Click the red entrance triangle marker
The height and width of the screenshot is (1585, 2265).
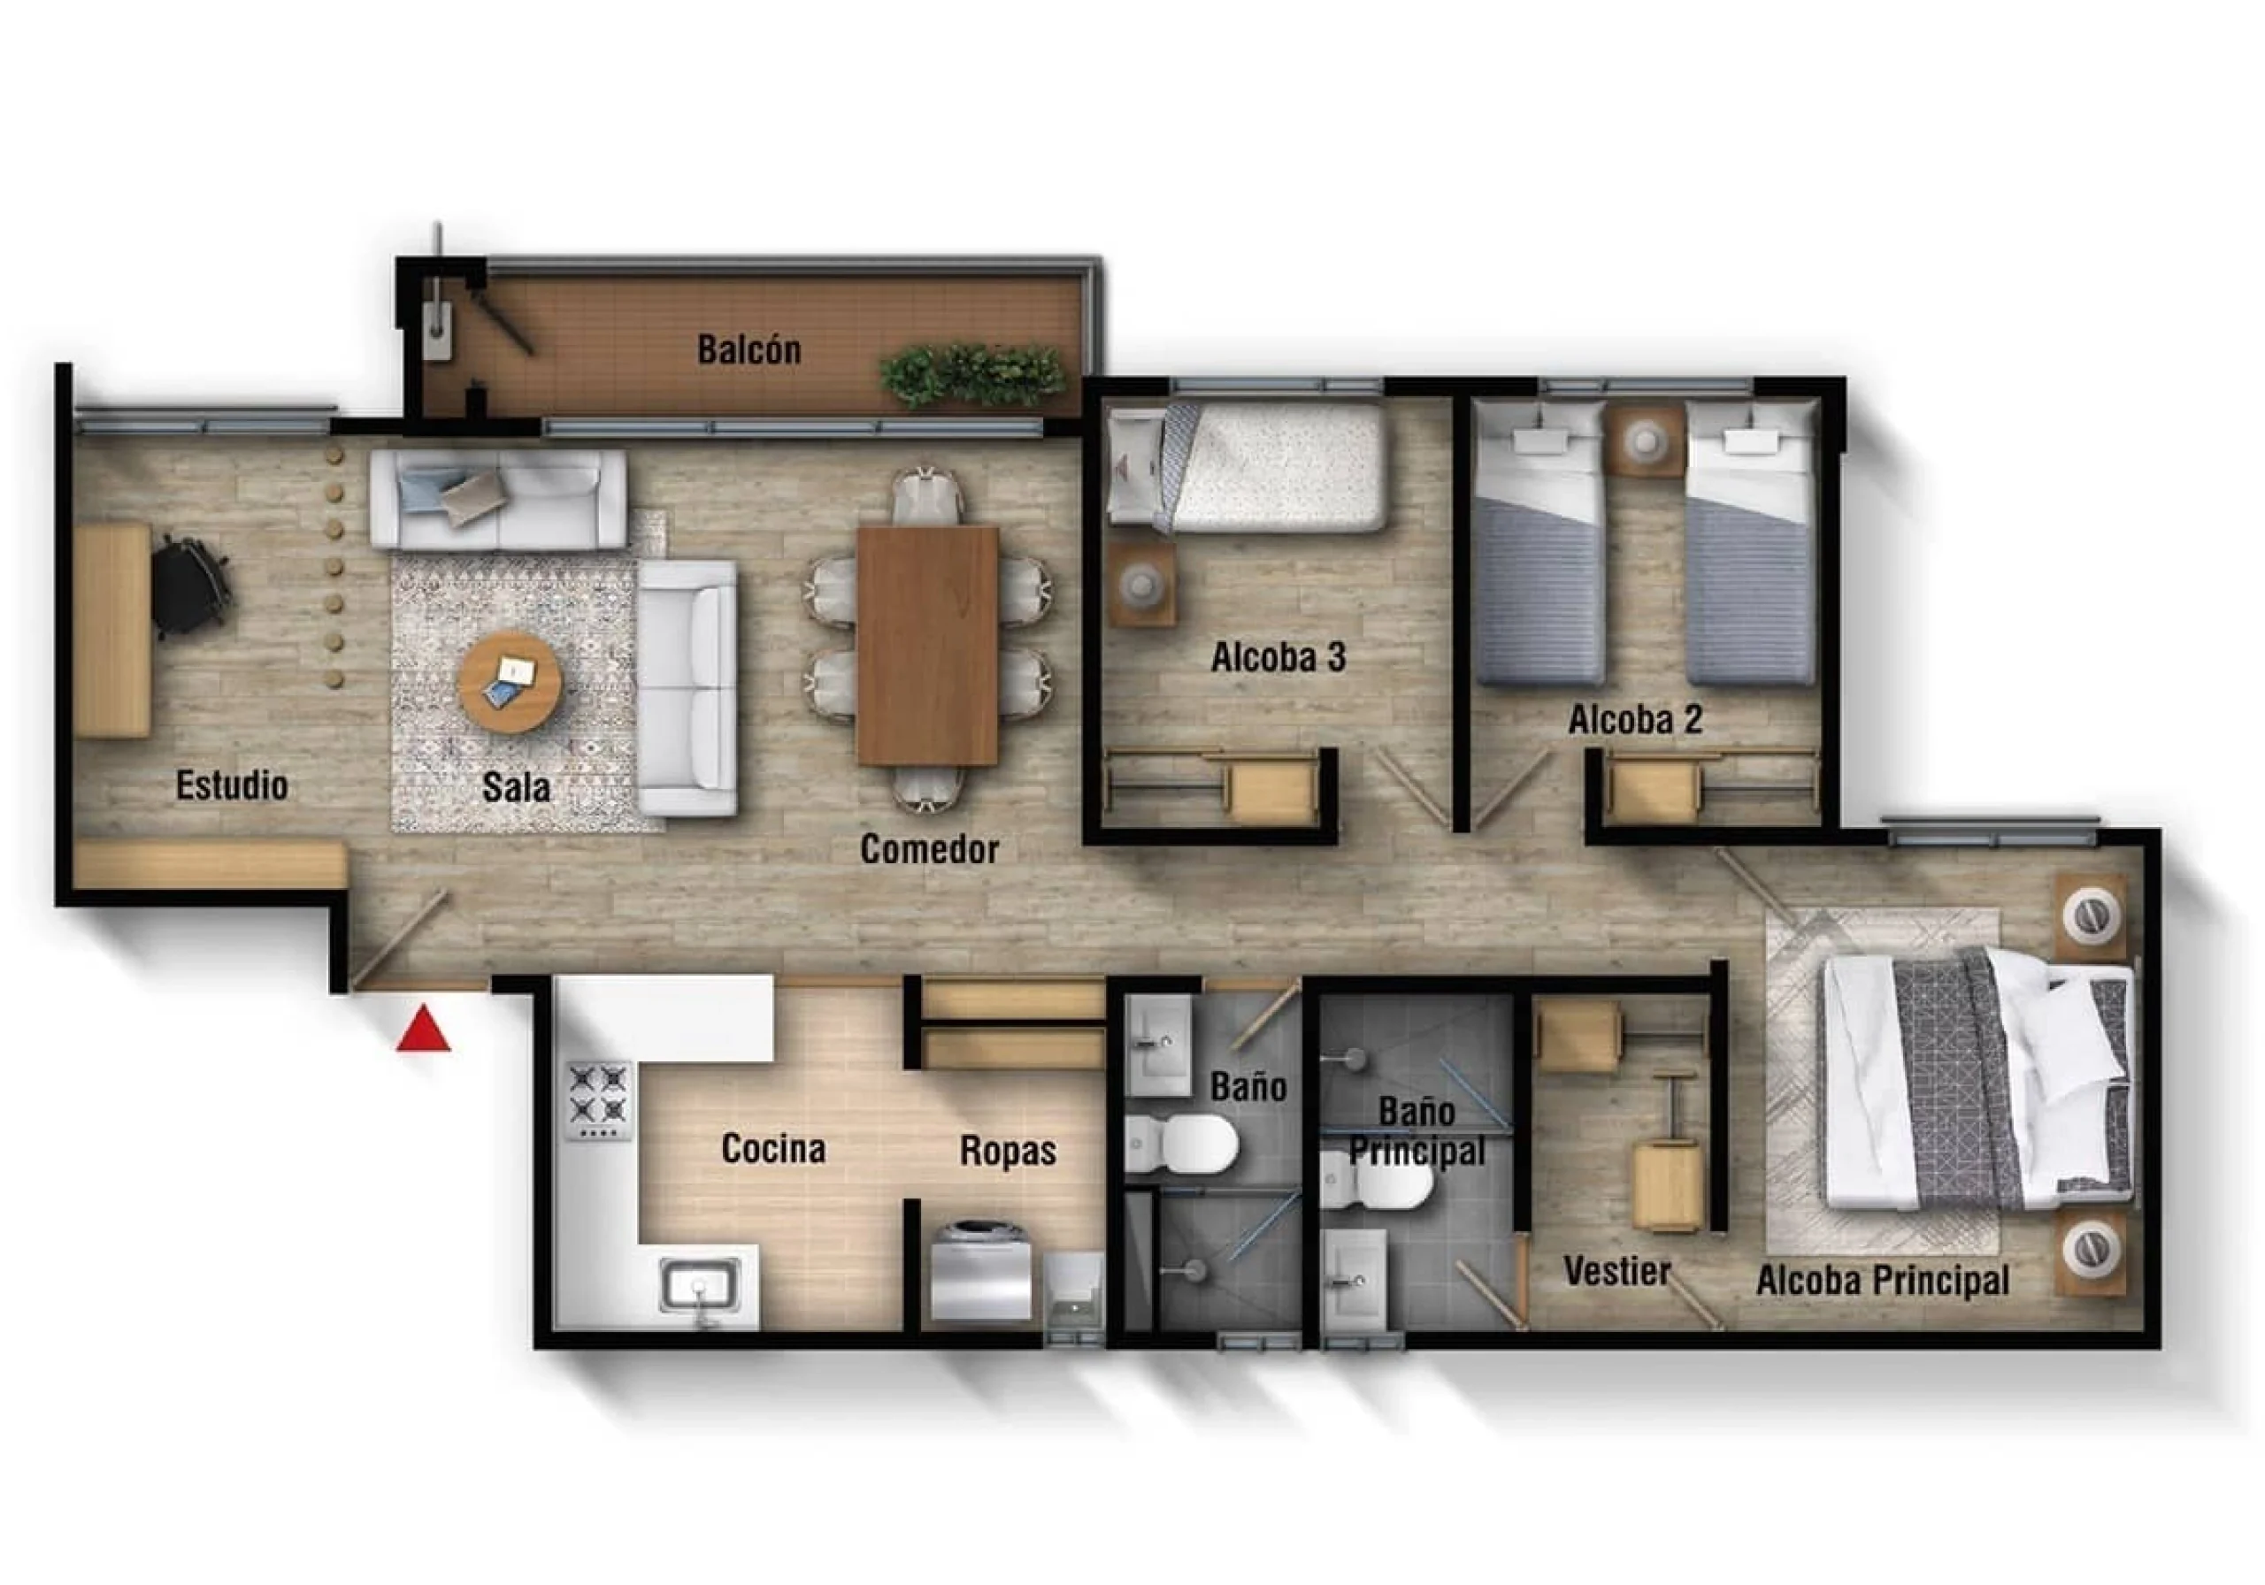pos(423,1029)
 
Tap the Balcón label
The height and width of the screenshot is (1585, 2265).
pos(749,349)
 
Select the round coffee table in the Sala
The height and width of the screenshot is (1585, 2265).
pos(511,683)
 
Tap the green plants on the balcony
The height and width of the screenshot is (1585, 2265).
pos(972,374)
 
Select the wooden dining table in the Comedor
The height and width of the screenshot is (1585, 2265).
pos(927,646)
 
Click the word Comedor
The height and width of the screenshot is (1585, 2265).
pos(929,849)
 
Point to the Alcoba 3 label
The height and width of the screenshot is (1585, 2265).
pos(1278,658)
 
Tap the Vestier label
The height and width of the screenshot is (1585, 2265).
pos(1616,1271)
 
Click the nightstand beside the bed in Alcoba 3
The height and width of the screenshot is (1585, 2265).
pos(1142,584)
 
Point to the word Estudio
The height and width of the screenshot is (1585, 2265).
pos(232,785)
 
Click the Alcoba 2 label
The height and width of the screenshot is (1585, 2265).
pos(1636,720)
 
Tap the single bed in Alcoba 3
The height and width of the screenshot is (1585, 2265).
pos(1248,466)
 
